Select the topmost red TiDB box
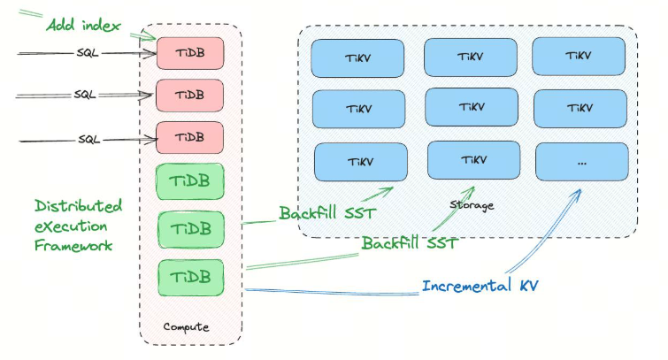click(188, 52)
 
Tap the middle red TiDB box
click(188, 94)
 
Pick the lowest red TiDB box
click(188, 137)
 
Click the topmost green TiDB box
click(189, 180)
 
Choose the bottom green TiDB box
click(189, 277)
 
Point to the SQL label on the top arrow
click(88, 52)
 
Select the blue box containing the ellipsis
click(581, 162)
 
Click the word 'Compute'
click(186, 326)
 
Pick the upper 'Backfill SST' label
click(327, 213)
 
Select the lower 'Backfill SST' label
click(409, 242)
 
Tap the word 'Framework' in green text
click(73, 245)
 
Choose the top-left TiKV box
click(357, 57)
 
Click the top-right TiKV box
click(580, 57)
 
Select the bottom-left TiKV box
click(360, 162)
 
